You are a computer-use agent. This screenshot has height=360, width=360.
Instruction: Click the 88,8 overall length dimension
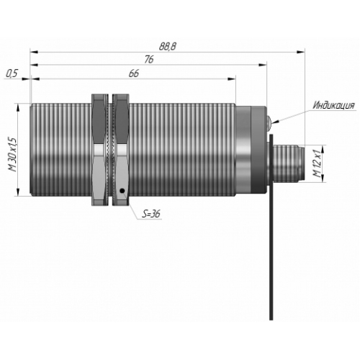(x=168, y=46)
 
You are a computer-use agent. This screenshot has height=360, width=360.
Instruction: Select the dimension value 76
(x=149, y=60)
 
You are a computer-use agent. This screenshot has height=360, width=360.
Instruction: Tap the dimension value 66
(x=134, y=73)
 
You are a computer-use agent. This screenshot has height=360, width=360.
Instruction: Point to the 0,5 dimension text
(x=12, y=73)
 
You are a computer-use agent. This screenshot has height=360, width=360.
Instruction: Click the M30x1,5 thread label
(x=13, y=155)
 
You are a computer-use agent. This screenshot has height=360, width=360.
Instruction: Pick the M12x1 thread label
(x=318, y=163)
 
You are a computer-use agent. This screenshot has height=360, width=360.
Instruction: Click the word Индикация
(x=334, y=105)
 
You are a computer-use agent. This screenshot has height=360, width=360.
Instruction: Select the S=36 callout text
(x=151, y=214)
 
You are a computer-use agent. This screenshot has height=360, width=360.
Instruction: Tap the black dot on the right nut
(x=122, y=191)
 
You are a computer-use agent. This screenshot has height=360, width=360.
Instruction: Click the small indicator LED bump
(x=269, y=121)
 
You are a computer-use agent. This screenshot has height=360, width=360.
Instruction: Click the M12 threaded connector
(x=287, y=163)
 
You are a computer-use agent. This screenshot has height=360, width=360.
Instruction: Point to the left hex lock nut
(x=100, y=150)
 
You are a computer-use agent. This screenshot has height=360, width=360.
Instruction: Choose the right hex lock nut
(x=121, y=150)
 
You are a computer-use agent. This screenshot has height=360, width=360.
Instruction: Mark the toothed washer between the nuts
(x=110, y=150)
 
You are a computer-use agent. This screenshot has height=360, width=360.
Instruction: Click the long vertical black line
(x=271, y=227)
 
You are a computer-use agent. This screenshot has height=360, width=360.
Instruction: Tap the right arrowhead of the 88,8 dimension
(x=301, y=52)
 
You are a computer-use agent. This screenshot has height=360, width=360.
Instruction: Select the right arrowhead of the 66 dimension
(x=232, y=78)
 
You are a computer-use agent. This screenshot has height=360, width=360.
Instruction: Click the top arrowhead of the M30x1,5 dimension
(x=18, y=107)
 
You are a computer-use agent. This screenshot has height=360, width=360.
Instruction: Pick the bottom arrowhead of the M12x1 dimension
(x=323, y=178)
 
